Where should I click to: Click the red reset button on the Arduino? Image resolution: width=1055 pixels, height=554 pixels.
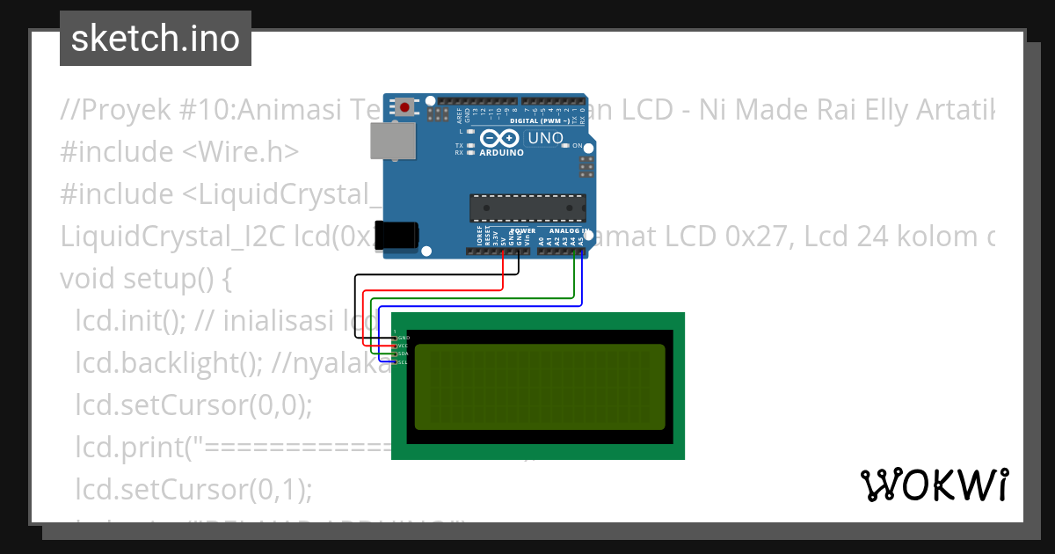404,107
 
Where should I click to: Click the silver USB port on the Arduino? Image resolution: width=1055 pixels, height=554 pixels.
392,141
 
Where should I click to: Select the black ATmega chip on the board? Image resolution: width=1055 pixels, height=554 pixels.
527,208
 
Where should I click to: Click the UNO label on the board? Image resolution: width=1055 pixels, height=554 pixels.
545,138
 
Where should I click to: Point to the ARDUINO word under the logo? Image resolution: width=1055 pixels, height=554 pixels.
501,153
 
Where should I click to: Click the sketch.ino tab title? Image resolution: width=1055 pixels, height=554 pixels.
156,39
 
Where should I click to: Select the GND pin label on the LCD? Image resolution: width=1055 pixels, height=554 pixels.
404,338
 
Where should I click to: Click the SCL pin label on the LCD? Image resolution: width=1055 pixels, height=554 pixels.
403,362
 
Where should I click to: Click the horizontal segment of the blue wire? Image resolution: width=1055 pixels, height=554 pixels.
479,306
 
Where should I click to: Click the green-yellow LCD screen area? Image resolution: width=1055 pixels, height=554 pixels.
539,387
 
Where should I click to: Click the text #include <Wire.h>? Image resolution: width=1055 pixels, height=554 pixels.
179,152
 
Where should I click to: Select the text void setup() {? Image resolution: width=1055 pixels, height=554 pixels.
145,279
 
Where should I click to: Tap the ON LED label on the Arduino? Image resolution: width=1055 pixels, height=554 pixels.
578,145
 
